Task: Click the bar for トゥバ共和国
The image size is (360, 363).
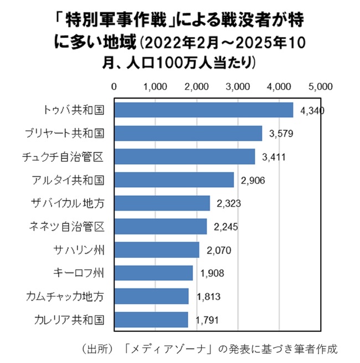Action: [x=204, y=110]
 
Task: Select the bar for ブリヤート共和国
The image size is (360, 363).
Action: [x=188, y=133]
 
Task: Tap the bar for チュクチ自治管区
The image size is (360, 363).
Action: [x=184, y=156]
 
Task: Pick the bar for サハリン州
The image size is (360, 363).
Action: [x=157, y=250]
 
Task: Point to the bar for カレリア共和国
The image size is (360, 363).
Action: [x=151, y=320]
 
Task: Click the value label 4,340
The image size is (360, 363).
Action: [x=312, y=110]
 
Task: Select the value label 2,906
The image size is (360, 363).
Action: [x=253, y=180]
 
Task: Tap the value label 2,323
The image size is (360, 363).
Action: [x=229, y=203]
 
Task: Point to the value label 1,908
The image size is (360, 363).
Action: [x=212, y=273]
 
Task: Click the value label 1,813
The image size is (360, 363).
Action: [x=208, y=296]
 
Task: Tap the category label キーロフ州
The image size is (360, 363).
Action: [x=81, y=273]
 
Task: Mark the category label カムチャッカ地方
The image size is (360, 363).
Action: [x=65, y=296]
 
